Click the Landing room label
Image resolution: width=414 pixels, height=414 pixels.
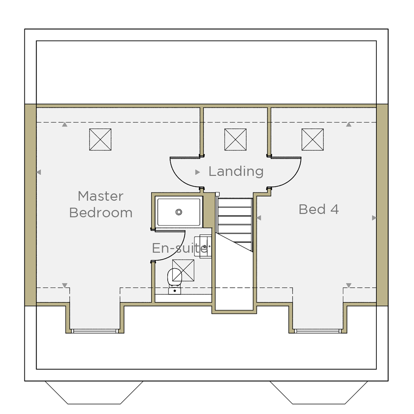tap(236, 171)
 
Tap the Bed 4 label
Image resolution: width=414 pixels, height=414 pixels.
tap(319, 209)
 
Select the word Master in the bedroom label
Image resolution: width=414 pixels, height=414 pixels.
tap(101, 196)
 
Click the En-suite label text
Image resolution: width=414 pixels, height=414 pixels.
tap(180, 248)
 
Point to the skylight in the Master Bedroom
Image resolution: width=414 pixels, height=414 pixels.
tap(100, 140)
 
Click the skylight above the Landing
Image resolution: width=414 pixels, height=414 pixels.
tap(236, 140)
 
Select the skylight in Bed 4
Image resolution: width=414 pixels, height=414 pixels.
tap(313, 140)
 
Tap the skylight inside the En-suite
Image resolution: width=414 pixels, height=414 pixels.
tap(183, 270)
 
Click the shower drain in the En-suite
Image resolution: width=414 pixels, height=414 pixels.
tap(179, 212)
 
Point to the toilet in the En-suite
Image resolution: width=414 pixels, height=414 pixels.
tap(175, 281)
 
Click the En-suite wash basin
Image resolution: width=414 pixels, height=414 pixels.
tap(203, 246)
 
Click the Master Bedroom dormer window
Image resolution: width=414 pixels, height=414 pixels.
tap(95, 331)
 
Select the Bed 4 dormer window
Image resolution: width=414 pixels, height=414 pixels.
tap(318, 331)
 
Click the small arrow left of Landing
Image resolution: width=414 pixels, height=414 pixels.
tap(197, 172)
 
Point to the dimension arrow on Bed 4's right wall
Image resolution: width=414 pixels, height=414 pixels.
tap(374, 218)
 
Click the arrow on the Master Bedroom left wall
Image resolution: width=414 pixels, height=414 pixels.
tap(39, 172)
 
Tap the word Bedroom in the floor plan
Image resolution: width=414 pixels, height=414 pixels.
tap(101, 213)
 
